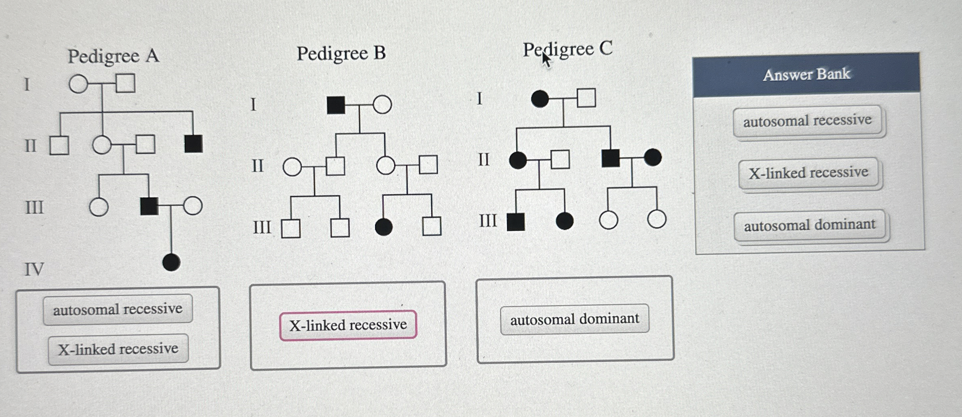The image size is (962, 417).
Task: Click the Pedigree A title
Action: click(113, 56)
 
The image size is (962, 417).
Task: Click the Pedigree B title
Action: click(341, 53)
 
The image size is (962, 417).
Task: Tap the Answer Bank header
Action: click(806, 75)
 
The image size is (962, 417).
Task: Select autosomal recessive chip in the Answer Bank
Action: click(807, 121)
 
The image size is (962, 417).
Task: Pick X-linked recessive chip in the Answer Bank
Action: click(808, 173)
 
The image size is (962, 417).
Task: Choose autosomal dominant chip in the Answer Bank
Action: click(809, 225)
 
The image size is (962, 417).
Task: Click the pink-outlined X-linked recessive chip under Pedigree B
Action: click(348, 325)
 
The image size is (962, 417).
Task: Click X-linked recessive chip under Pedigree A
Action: click(118, 349)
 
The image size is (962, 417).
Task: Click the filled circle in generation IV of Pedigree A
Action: click(171, 263)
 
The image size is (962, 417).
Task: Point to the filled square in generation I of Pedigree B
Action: click(336, 105)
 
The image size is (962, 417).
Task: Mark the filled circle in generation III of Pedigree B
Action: click(384, 227)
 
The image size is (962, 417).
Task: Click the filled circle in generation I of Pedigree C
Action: click(539, 99)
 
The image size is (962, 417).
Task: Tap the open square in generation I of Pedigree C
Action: click(586, 98)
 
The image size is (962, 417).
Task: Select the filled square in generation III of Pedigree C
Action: click(516, 222)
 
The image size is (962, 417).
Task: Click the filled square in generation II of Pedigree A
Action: click(193, 144)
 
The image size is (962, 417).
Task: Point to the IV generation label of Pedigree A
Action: click(34, 269)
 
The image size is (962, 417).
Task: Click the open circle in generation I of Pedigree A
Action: click(78, 84)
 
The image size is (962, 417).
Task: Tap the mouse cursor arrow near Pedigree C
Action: click(546, 60)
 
